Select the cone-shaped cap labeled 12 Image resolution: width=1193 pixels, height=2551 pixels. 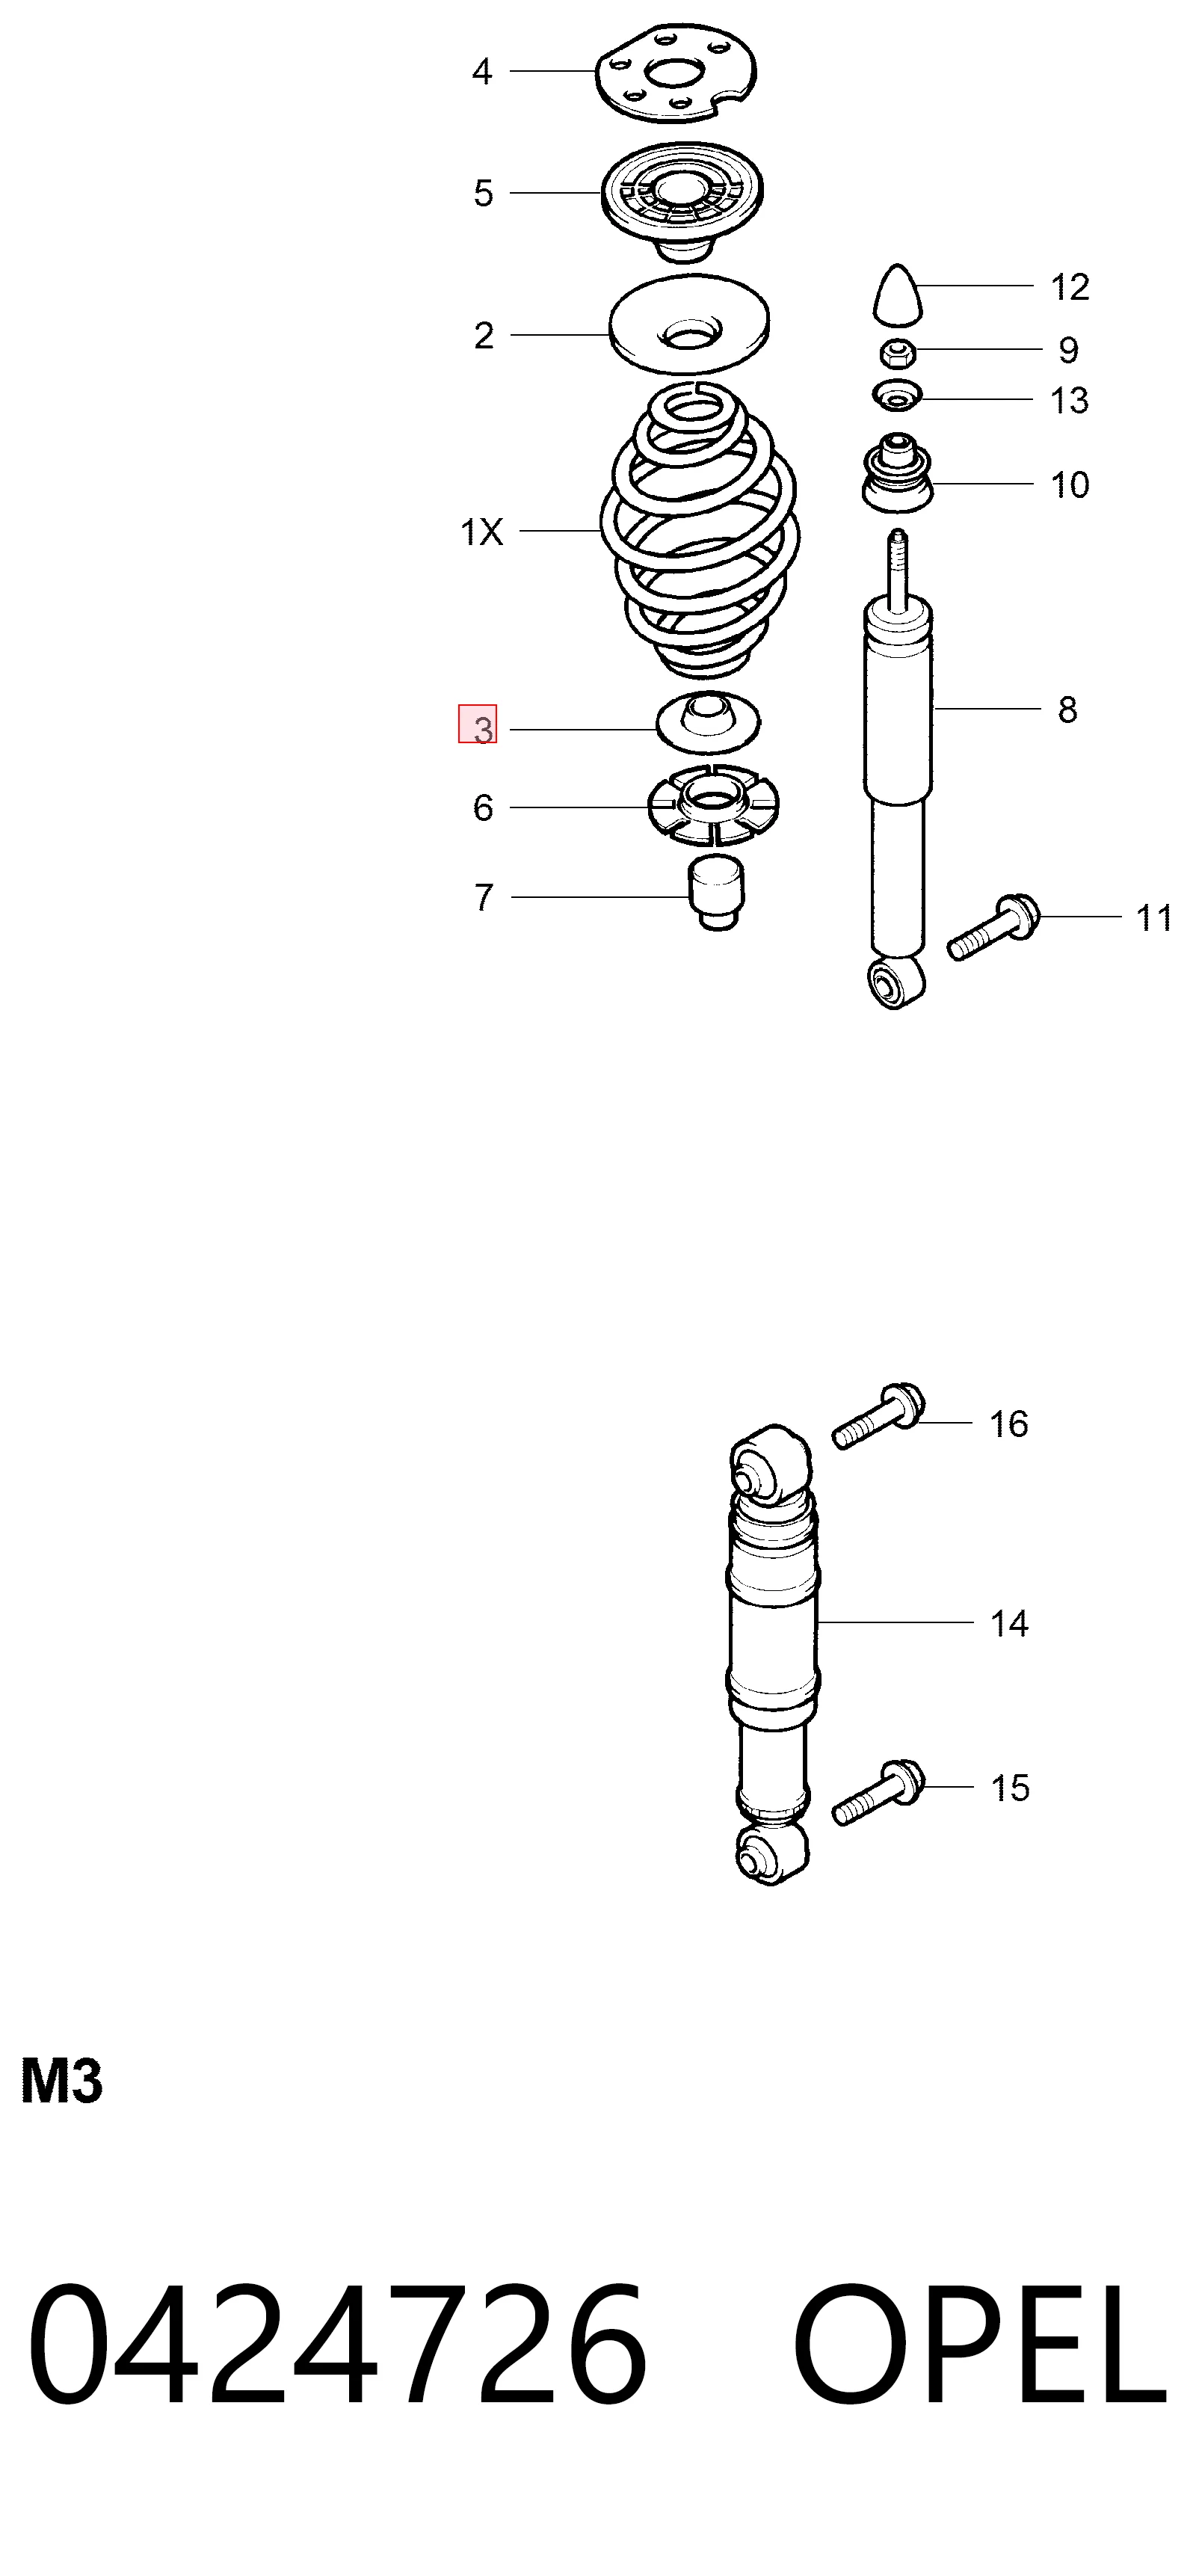point(897,294)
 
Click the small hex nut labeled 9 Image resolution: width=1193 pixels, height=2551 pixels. point(898,351)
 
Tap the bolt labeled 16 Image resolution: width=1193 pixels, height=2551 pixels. point(878,1415)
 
